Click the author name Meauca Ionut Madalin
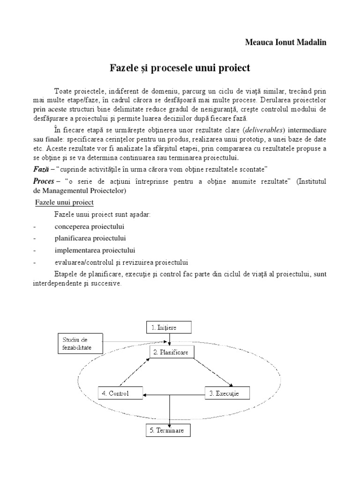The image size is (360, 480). (x=286, y=42)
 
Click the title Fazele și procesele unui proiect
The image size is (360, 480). (x=180, y=68)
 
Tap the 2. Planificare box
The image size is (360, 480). (x=171, y=352)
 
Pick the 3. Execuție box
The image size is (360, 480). (x=228, y=393)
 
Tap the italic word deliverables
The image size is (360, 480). (x=268, y=130)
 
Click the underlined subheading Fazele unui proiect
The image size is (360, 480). (x=65, y=202)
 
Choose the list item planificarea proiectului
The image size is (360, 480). (x=90, y=238)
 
